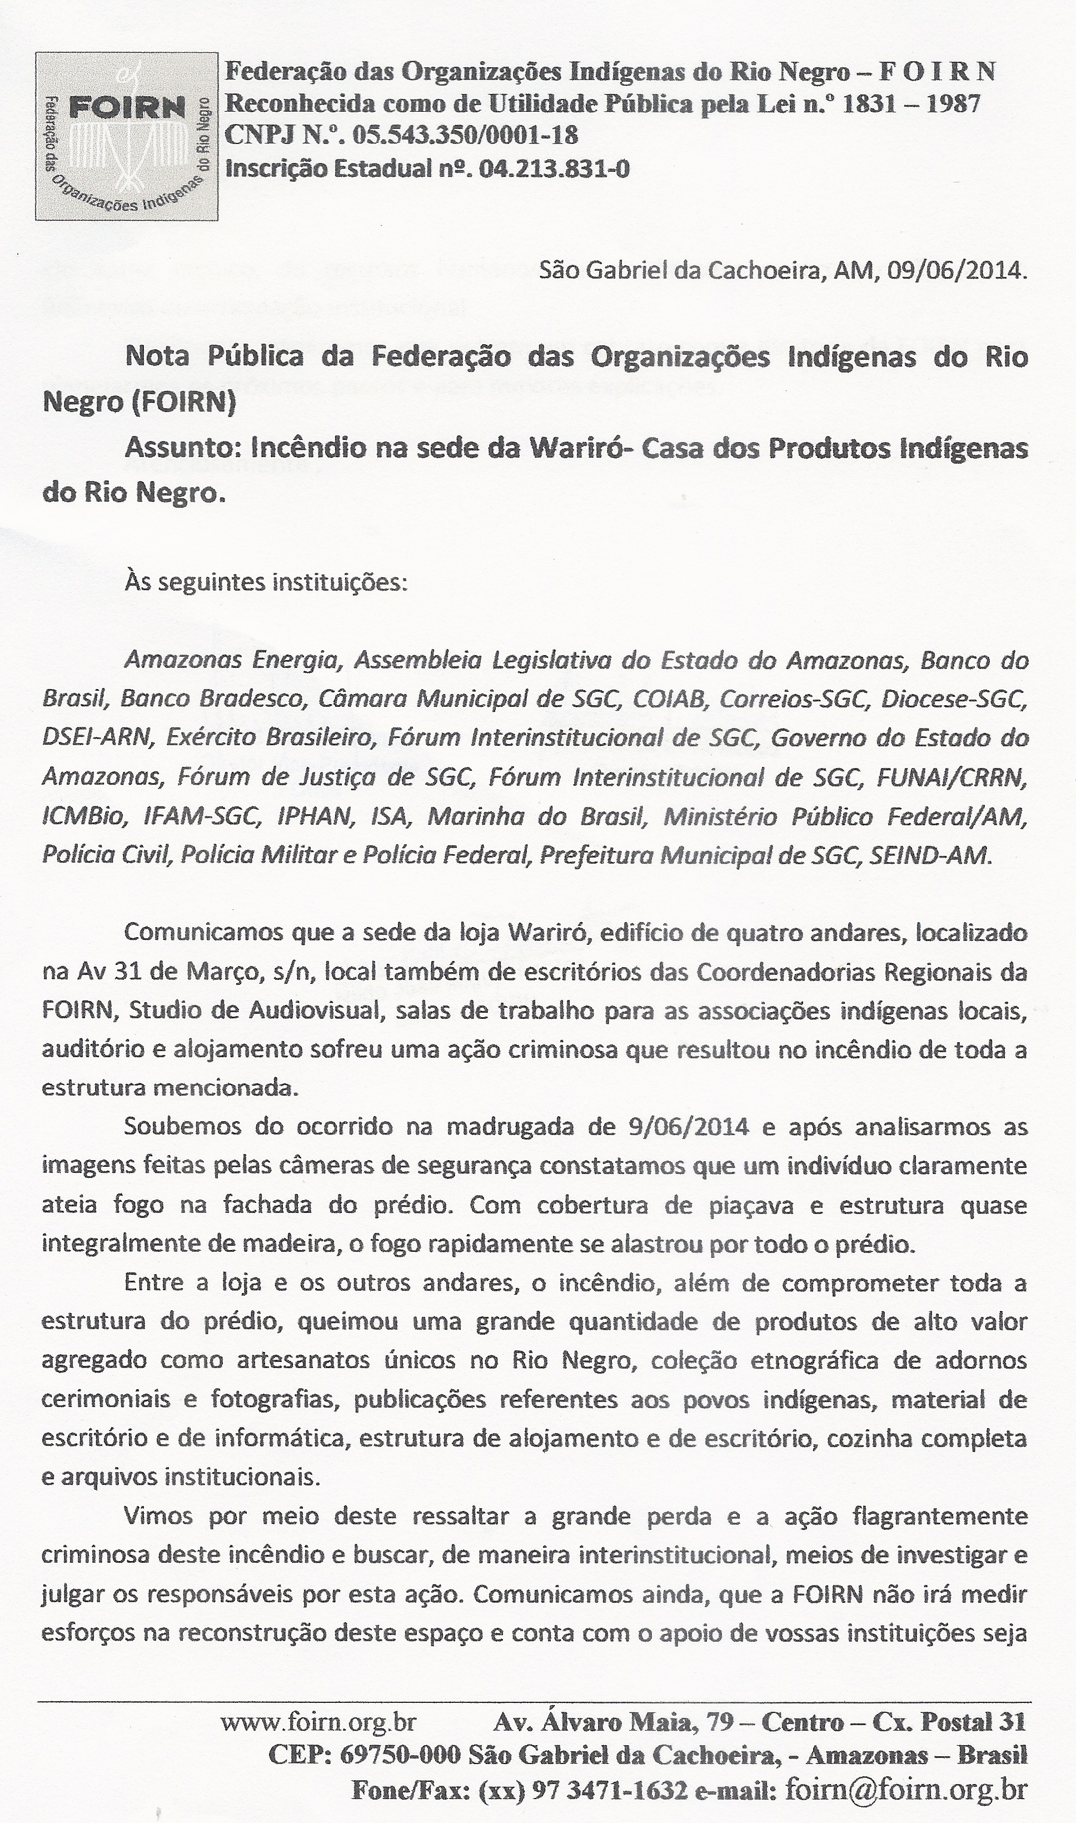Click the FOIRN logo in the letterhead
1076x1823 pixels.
coord(126,136)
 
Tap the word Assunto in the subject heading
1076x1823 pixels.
coord(181,448)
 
